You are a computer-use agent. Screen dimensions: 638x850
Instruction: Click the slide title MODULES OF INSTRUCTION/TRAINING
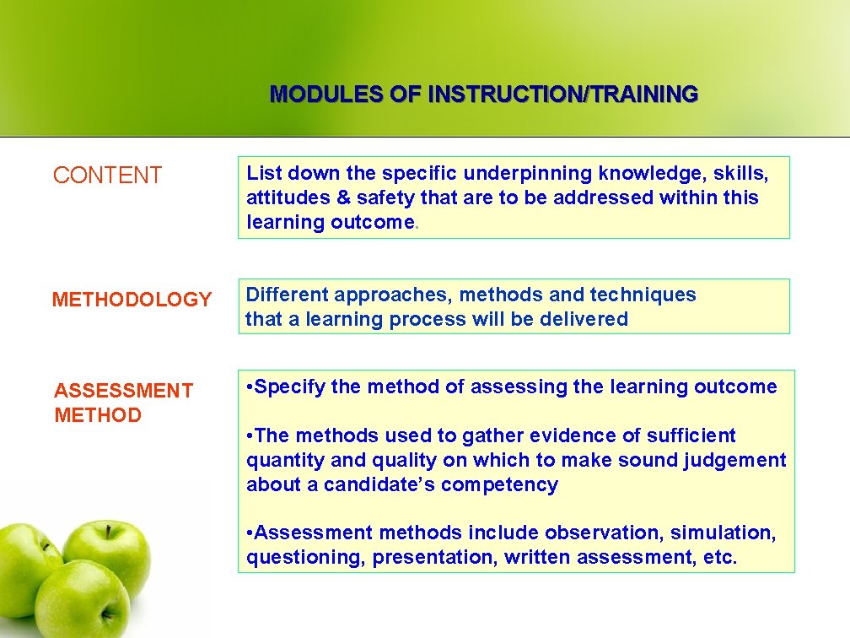coord(483,94)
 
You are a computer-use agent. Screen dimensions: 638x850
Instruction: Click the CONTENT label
coord(107,176)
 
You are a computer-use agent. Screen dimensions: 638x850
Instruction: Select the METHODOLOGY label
coord(132,300)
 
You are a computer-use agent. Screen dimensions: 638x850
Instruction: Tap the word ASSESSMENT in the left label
coord(123,391)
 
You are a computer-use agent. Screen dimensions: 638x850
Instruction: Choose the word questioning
coord(304,558)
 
